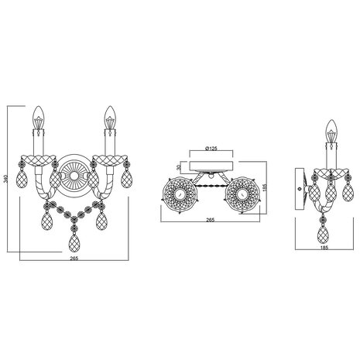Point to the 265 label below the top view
(x=210, y=221)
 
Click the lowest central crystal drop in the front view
(x=72, y=245)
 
